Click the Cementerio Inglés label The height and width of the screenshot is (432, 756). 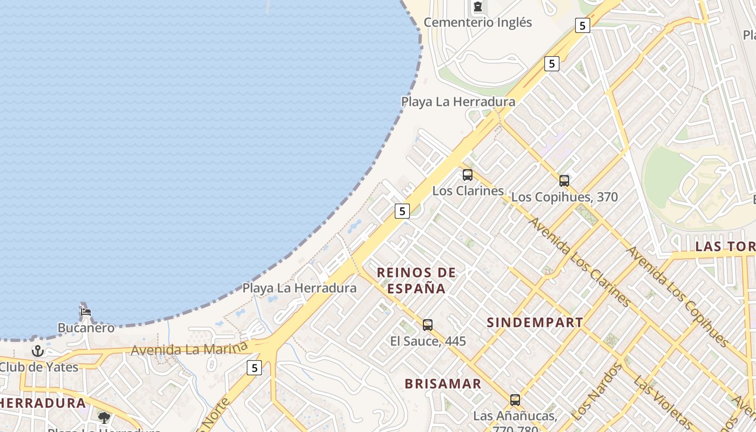[x=477, y=23]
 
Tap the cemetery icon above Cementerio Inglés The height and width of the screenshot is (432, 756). [x=477, y=7]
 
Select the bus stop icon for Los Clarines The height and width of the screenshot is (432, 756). [x=468, y=175]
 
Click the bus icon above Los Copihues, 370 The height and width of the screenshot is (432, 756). [x=564, y=181]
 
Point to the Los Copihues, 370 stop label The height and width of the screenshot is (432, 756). [x=564, y=197]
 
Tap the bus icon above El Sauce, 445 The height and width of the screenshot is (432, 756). [x=428, y=325]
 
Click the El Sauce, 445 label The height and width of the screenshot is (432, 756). [x=428, y=341]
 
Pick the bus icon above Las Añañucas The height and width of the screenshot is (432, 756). [x=515, y=400]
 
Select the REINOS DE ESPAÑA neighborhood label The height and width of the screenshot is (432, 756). [x=416, y=280]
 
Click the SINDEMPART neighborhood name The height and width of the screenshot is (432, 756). [x=535, y=323]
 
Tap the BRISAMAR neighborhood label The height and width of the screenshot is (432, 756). [x=443, y=384]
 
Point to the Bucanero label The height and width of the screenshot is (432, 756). [x=86, y=328]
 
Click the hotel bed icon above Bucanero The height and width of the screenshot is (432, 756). [x=86, y=312]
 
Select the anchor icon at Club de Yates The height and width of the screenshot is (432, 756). [x=37, y=352]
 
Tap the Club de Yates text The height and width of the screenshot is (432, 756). [x=39, y=367]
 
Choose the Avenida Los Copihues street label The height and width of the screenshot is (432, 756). [x=678, y=296]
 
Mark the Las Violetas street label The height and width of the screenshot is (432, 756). [x=664, y=402]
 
